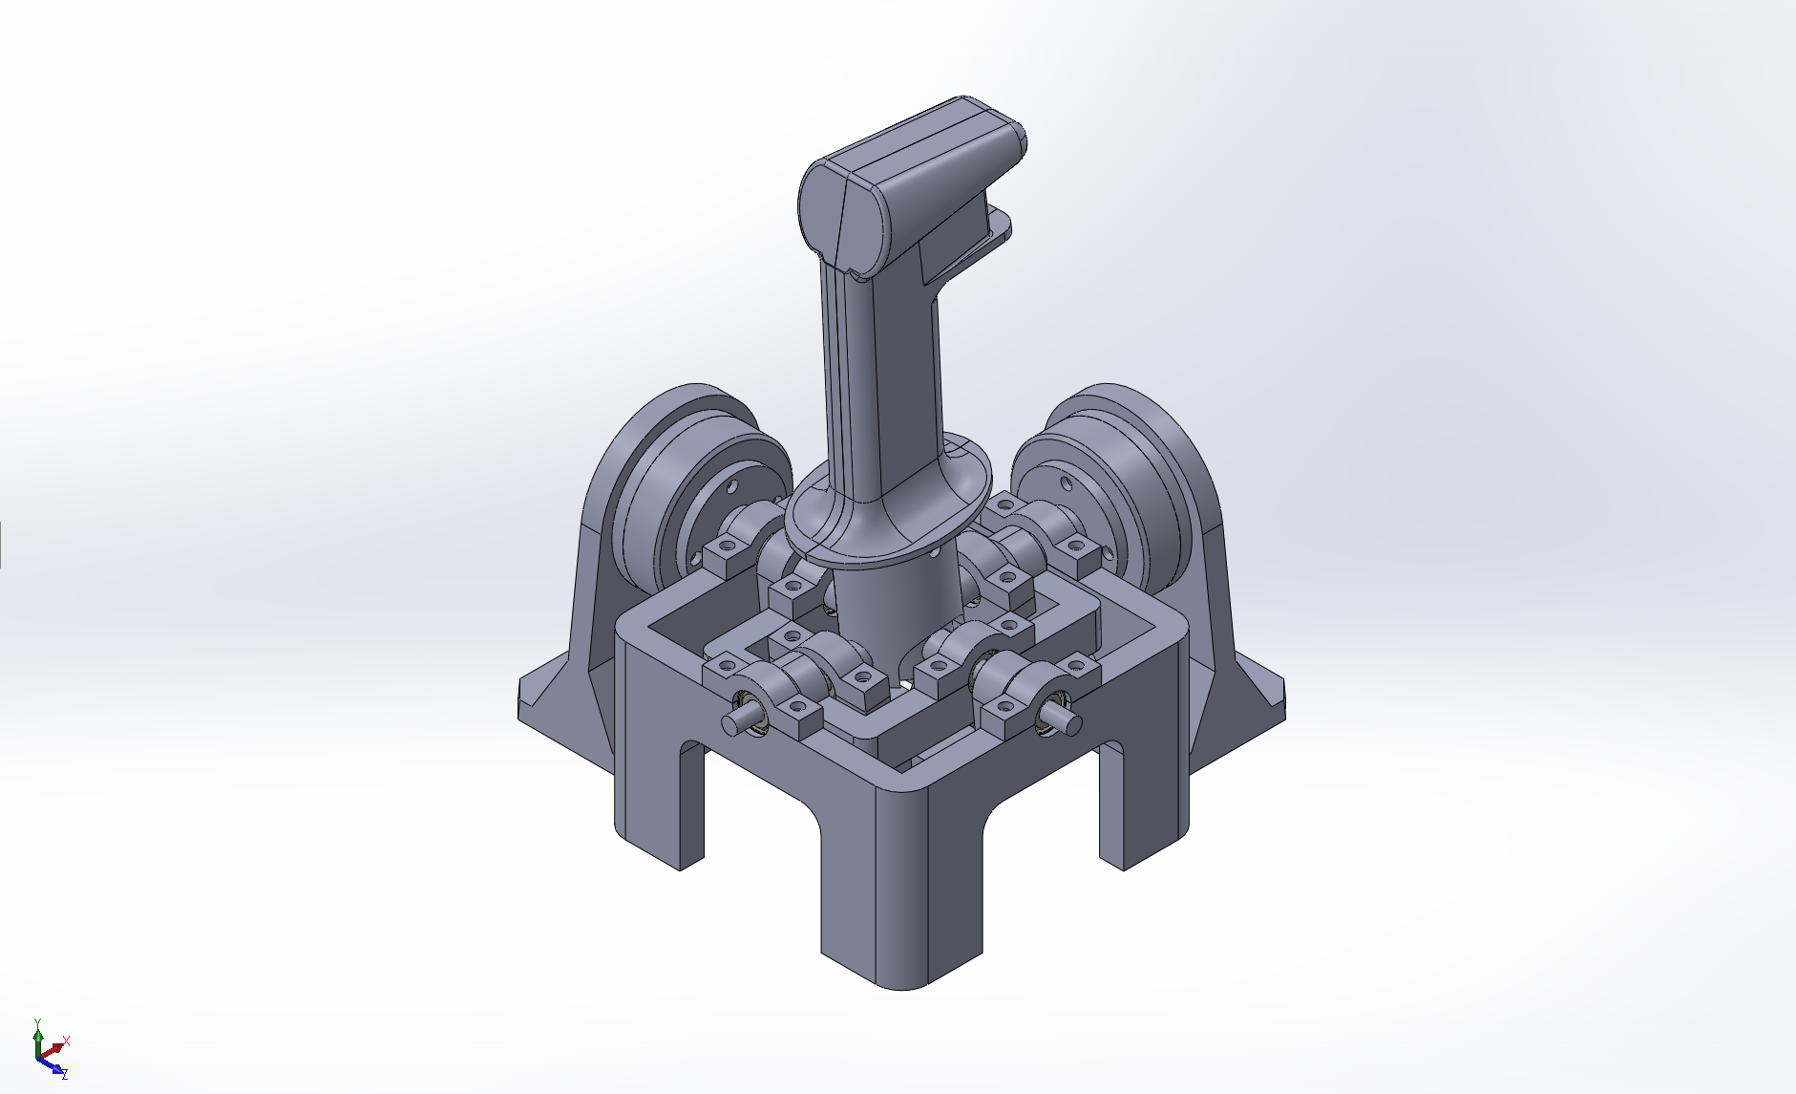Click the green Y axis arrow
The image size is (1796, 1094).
[x=37, y=1038]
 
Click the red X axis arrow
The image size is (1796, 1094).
[x=53, y=1048]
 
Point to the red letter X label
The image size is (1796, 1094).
[x=67, y=1040]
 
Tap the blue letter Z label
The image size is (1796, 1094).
[x=64, y=1075]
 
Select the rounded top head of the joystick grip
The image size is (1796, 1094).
[x=912, y=177]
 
